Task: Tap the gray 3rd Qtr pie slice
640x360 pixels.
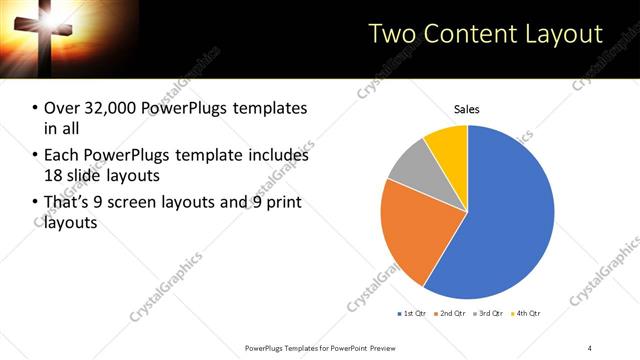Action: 409,168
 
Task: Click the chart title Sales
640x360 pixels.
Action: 467,109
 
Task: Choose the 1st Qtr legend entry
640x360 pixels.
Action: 413,314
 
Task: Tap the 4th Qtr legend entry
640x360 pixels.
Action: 527,314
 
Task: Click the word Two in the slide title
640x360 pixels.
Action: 391,33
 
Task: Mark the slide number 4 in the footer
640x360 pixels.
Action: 590,347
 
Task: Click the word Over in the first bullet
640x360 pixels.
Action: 60,108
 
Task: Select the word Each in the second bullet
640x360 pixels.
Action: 60,155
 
